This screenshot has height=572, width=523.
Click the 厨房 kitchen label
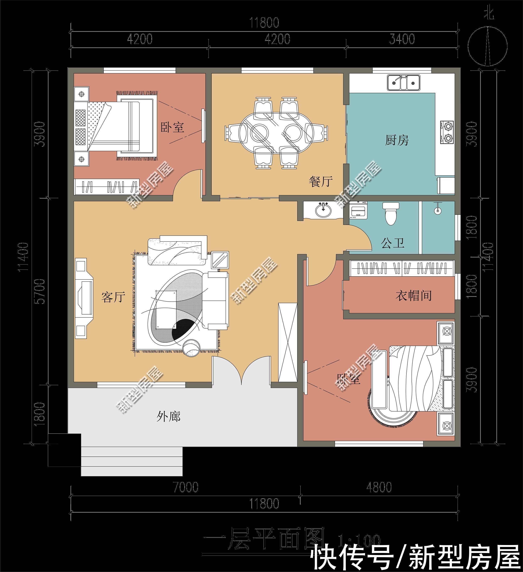[397, 140]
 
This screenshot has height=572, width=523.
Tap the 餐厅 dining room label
[320, 182]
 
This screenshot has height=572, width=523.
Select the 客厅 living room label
[113, 297]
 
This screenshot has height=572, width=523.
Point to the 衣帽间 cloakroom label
[413, 296]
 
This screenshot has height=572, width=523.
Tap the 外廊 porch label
[168, 417]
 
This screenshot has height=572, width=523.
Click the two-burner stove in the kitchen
[447, 132]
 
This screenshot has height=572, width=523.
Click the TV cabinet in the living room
[84, 298]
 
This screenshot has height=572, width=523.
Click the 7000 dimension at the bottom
[186, 487]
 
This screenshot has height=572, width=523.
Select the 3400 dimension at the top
[402, 39]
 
